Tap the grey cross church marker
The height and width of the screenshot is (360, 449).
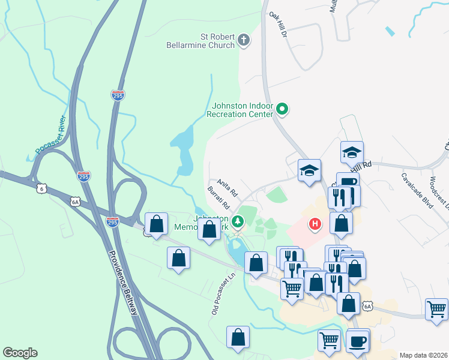[243, 41]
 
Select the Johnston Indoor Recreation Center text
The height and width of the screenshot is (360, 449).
[240, 109]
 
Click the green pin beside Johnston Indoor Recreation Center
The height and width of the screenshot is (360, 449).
[283, 110]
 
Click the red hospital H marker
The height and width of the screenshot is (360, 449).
[314, 225]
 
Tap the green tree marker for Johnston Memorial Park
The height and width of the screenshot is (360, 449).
[238, 222]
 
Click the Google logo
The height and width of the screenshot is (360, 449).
[20, 353]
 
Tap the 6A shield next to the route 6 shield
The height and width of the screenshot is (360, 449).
[74, 202]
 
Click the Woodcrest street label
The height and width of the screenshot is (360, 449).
[439, 192]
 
